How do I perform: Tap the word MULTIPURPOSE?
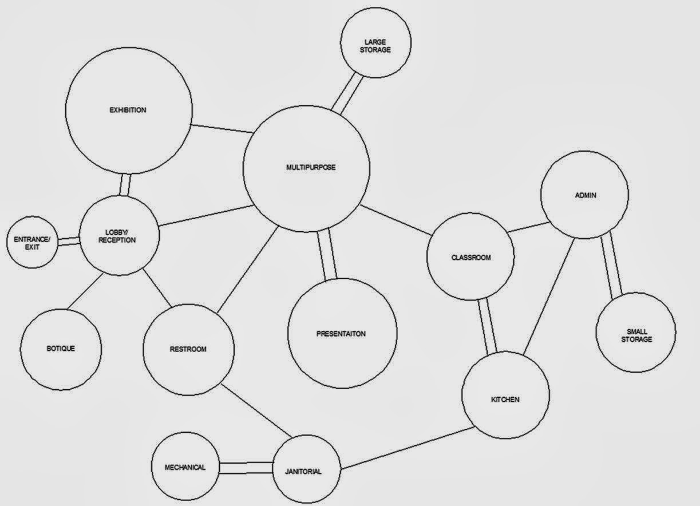311,168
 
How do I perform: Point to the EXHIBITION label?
128,110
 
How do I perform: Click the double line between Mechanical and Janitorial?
246,468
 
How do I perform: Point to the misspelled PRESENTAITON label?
341,334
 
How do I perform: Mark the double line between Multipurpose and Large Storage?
348,93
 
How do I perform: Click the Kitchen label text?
505,400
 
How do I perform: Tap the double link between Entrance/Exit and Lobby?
68,241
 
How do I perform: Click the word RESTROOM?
188,349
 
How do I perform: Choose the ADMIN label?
586,195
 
